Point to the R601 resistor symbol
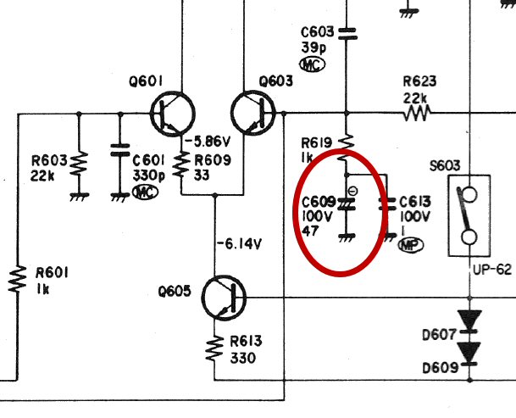[17, 280]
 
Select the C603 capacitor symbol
[347, 33]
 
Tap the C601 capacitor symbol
[119, 156]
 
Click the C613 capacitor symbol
[387, 203]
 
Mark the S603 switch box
[468, 215]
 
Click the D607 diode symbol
[469, 320]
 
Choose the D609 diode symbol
[469, 350]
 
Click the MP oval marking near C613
[411, 244]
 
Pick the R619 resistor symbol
[347, 138]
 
